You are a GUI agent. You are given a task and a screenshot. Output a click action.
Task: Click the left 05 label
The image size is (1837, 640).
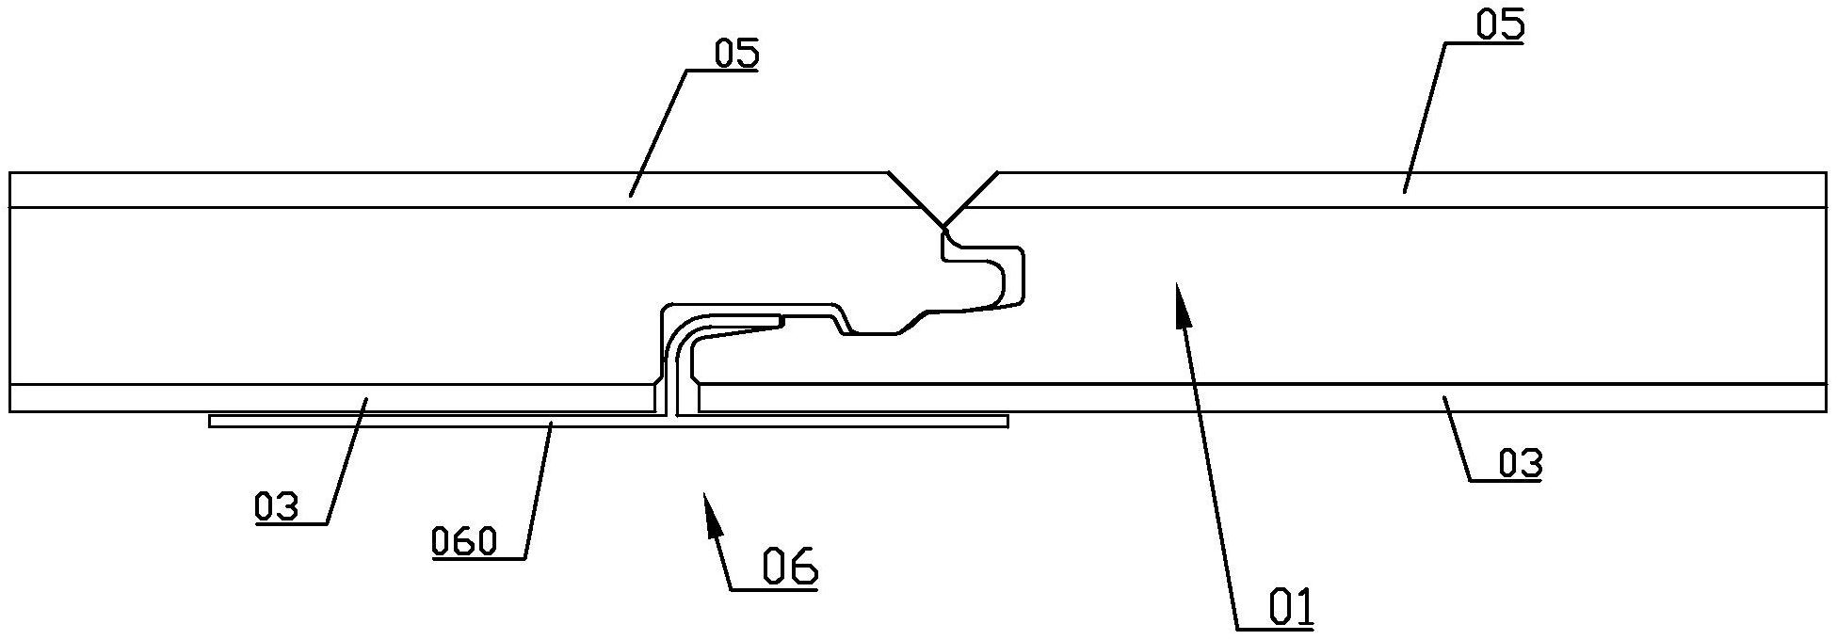pyautogui.click(x=735, y=54)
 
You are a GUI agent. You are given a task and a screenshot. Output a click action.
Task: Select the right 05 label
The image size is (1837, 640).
pyautogui.click(x=1499, y=25)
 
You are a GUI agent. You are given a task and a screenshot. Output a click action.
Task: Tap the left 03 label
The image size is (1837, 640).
pyautogui.click(x=276, y=507)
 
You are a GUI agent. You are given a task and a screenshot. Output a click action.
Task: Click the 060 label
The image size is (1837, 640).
pyautogui.click(x=463, y=542)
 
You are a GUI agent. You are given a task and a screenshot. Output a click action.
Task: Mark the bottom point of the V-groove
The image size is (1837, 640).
pyautogui.click(x=943, y=227)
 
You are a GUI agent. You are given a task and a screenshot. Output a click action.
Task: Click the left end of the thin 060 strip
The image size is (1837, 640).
pyautogui.click(x=211, y=422)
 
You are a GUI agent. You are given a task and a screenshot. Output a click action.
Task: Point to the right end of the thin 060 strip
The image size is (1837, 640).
pyautogui.click(x=1007, y=422)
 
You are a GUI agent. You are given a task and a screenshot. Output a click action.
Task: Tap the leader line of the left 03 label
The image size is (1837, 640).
pyautogui.click(x=346, y=461)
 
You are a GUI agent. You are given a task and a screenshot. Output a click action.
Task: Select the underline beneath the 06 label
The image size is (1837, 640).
pyautogui.click(x=774, y=589)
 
